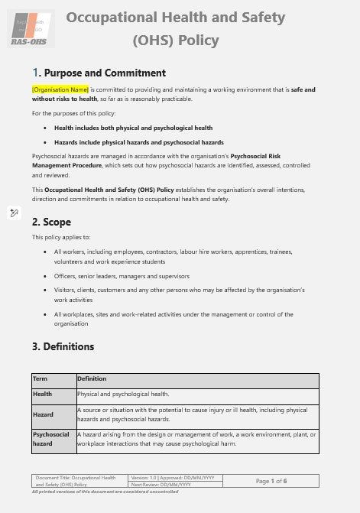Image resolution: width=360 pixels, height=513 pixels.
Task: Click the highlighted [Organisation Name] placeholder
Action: (x=60, y=89)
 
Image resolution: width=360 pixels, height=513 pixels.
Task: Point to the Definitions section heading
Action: (x=68, y=346)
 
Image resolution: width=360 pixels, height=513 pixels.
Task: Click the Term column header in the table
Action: (x=41, y=378)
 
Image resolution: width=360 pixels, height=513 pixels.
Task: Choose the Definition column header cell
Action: (x=92, y=378)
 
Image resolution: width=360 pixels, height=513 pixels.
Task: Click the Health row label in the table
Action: (x=43, y=394)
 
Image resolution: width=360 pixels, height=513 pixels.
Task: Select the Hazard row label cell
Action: (x=44, y=414)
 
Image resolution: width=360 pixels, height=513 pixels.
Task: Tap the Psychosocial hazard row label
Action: (x=51, y=439)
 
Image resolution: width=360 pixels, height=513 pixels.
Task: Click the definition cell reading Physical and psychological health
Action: (x=123, y=394)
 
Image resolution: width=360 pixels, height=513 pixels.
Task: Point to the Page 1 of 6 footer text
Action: (x=271, y=480)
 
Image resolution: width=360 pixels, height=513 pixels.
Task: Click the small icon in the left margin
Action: (x=14, y=212)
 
